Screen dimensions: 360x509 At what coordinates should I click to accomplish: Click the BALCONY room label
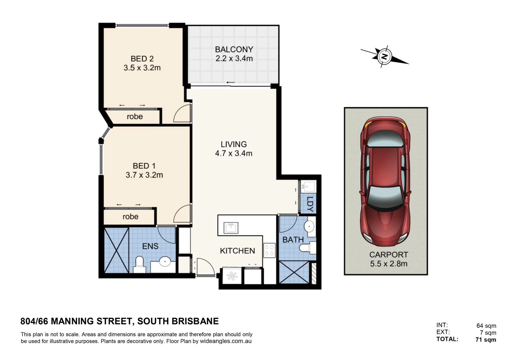(x=234, y=49)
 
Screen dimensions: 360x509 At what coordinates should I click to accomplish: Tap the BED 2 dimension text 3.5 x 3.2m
(x=142, y=68)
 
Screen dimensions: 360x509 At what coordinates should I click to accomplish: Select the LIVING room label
(x=234, y=144)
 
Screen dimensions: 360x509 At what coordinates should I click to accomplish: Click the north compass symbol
(x=384, y=56)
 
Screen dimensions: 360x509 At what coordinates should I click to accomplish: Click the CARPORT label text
(x=388, y=255)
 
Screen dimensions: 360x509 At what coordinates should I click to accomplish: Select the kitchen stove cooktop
(x=269, y=250)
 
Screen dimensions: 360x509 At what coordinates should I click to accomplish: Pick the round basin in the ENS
(x=165, y=262)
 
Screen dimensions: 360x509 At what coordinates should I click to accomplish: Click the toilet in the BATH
(x=306, y=248)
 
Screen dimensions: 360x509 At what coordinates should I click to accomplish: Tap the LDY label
(x=310, y=204)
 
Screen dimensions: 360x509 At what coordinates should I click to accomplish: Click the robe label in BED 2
(x=135, y=117)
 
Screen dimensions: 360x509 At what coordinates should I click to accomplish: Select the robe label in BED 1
(x=130, y=217)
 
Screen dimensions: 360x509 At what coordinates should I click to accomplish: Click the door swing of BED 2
(x=182, y=114)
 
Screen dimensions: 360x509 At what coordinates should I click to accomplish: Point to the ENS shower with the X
(x=116, y=250)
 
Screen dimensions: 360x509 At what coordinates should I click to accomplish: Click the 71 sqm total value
(x=486, y=340)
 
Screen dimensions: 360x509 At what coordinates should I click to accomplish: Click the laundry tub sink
(x=306, y=186)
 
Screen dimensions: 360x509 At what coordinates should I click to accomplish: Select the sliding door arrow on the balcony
(x=230, y=83)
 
